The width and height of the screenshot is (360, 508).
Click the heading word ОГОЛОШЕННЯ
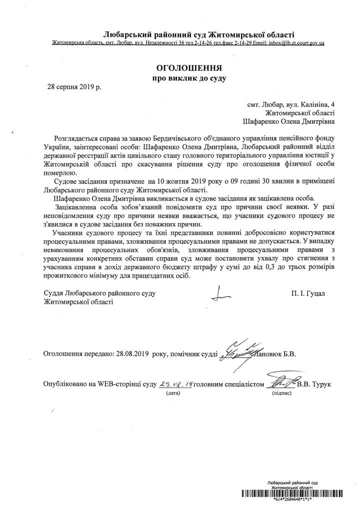189,67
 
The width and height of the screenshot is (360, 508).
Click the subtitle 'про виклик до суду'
189,78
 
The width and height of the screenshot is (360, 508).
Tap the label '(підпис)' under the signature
279,394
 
